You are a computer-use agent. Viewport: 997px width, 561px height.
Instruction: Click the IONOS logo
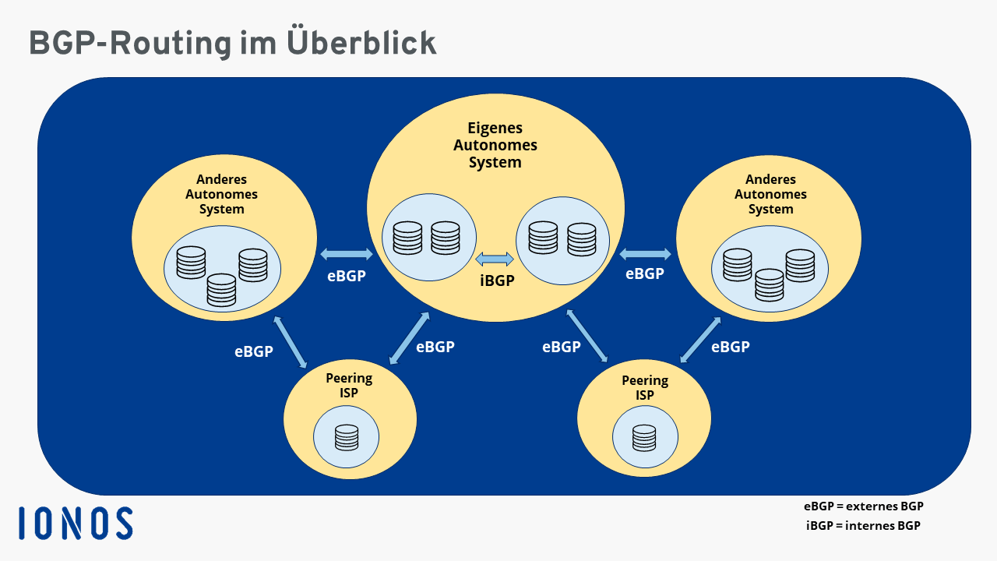click(x=76, y=523)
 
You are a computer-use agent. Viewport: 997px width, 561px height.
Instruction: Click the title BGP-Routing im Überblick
click(x=232, y=43)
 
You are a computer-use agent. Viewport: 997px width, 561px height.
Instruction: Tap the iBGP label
click(x=496, y=280)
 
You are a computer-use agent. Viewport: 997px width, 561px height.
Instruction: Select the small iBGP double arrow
click(x=495, y=259)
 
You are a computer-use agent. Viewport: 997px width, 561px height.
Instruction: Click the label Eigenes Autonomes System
click(x=495, y=145)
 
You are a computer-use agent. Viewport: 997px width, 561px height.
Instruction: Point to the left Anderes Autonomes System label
click(x=221, y=194)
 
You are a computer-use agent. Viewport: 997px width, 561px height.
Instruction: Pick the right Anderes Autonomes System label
click(x=770, y=194)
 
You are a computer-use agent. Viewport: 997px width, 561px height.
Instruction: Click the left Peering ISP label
click(x=349, y=385)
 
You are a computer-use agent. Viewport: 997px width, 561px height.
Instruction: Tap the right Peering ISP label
click(x=645, y=387)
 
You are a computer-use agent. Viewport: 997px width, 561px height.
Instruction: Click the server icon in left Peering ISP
click(x=347, y=437)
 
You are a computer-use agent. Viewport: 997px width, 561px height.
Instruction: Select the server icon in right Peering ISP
click(x=644, y=438)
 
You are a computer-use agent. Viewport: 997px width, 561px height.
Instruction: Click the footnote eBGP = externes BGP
click(x=864, y=506)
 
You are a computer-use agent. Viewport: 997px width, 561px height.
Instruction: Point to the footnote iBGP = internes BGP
click(x=863, y=525)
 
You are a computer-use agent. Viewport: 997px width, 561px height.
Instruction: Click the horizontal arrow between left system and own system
click(x=347, y=253)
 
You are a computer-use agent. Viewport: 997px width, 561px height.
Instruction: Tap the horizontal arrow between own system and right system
click(x=645, y=253)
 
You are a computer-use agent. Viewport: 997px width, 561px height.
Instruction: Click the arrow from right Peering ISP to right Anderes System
click(x=700, y=340)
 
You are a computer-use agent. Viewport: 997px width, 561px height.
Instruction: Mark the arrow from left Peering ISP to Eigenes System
click(x=409, y=337)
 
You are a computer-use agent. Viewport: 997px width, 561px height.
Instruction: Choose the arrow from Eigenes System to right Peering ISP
click(x=587, y=336)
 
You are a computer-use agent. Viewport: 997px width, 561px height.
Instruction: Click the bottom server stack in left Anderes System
click(x=222, y=290)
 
